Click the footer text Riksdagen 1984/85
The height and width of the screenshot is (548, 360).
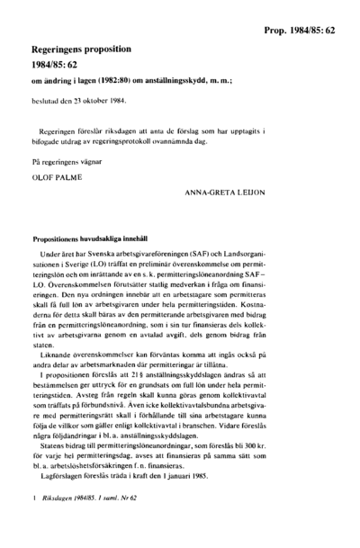(67, 522)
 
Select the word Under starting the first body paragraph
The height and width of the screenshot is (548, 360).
(52, 256)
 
